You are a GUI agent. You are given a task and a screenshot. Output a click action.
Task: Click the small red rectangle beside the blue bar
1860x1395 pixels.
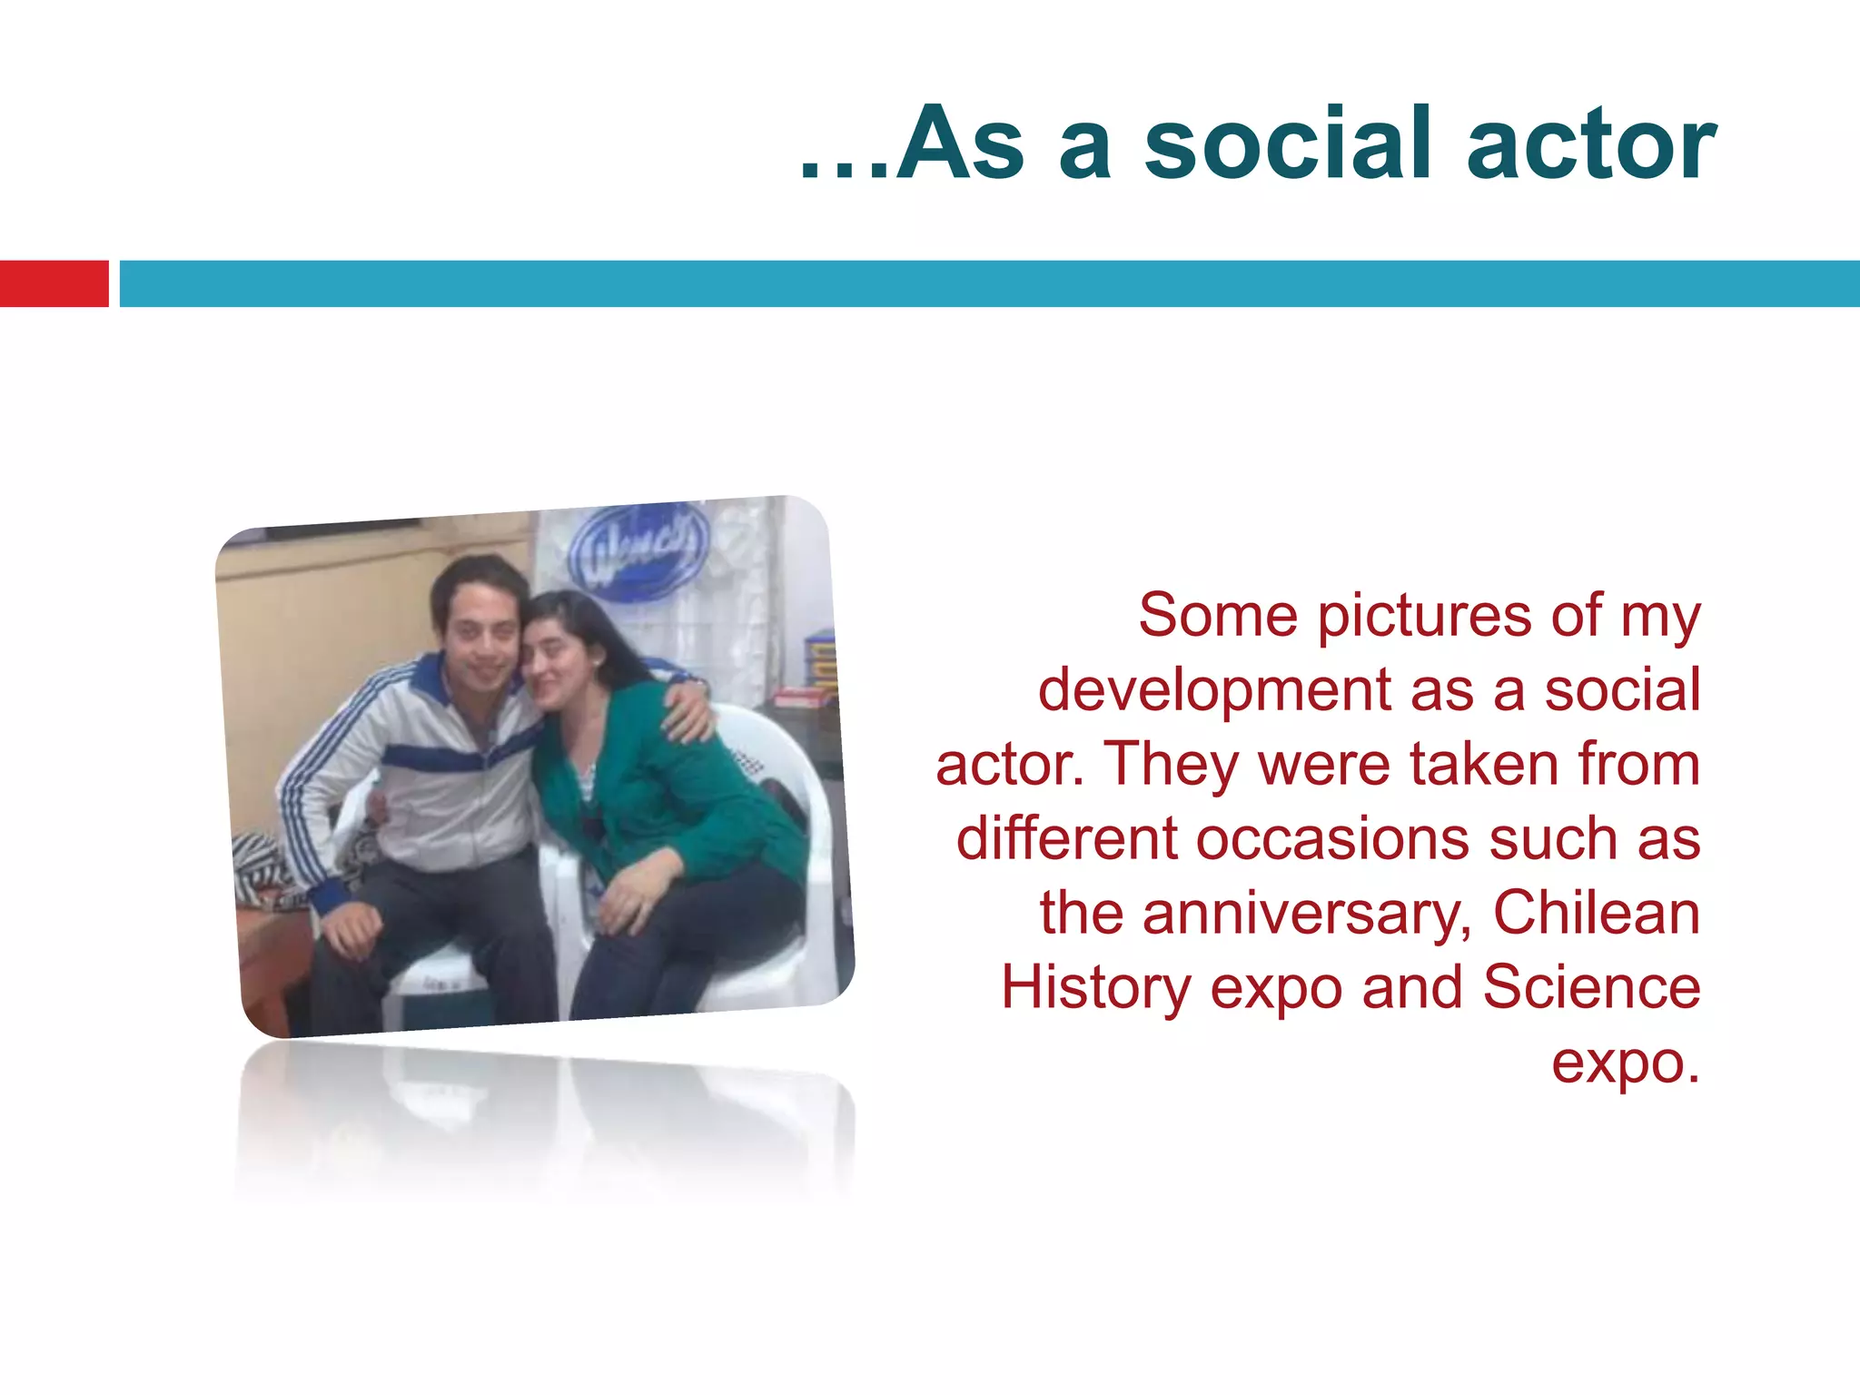point(54,283)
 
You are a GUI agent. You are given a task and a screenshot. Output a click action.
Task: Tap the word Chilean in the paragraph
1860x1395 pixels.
point(1596,913)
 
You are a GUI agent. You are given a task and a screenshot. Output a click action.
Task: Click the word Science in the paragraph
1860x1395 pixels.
point(1591,987)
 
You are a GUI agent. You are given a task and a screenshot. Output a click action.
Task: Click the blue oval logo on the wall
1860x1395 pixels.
point(638,551)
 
